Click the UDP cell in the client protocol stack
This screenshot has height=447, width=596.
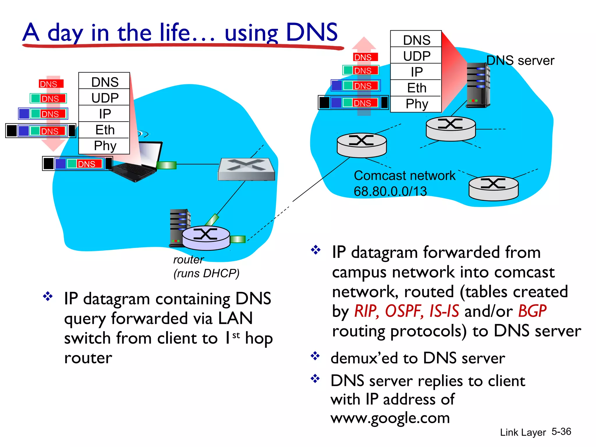point(104,98)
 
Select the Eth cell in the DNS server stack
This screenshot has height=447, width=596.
point(416,88)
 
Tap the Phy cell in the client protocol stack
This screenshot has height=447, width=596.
point(104,146)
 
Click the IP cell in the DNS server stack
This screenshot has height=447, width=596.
point(416,72)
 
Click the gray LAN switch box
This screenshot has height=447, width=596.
point(246,169)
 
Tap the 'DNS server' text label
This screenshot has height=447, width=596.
point(520,61)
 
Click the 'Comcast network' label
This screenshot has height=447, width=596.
point(405,175)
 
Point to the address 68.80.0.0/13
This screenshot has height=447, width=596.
point(390,191)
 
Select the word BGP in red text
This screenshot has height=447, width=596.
point(532,311)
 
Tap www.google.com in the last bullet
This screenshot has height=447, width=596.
point(390,418)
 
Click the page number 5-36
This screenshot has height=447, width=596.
point(561,431)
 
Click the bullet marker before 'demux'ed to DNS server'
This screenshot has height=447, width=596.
point(315,356)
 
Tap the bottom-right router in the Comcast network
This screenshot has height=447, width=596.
point(494,188)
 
